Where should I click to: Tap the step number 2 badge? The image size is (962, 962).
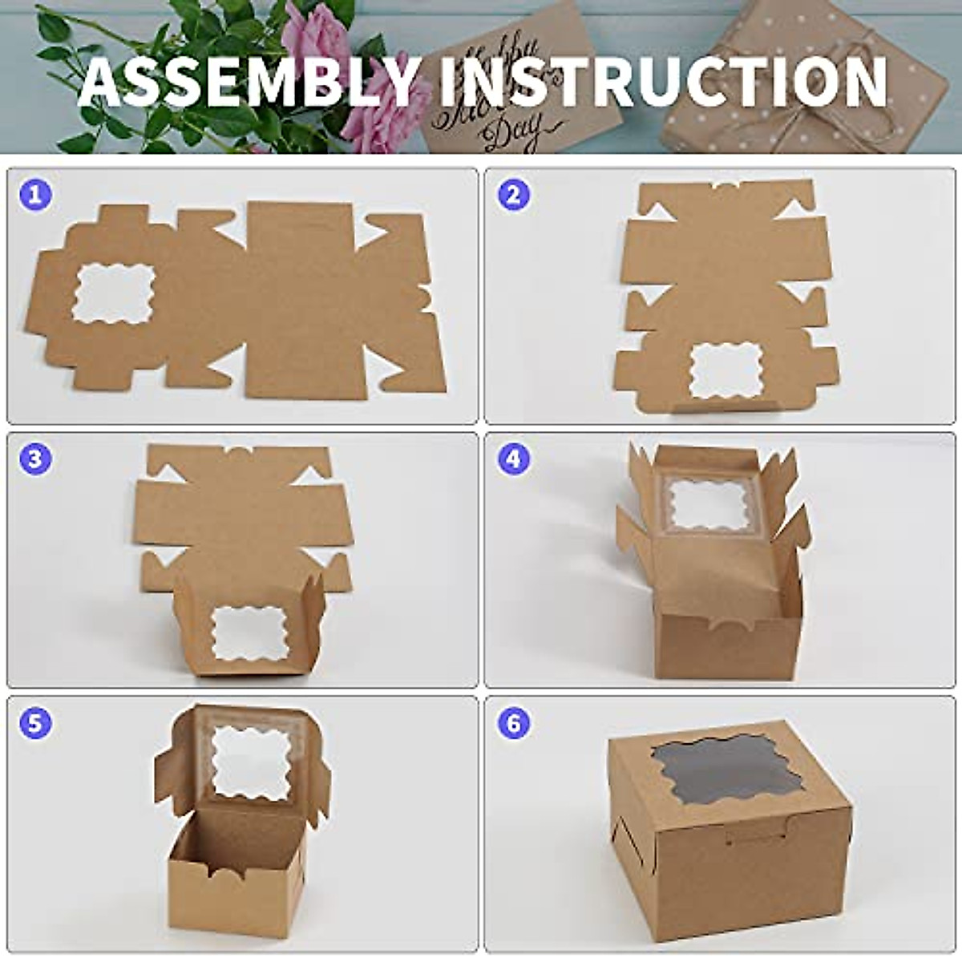[x=514, y=195]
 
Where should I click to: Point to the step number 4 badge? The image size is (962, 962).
[x=514, y=459]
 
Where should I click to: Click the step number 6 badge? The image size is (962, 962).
[x=514, y=722]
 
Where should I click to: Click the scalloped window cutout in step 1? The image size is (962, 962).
[x=113, y=293]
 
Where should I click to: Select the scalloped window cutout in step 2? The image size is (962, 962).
[x=729, y=370]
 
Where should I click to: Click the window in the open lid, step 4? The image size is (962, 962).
[x=708, y=503]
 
